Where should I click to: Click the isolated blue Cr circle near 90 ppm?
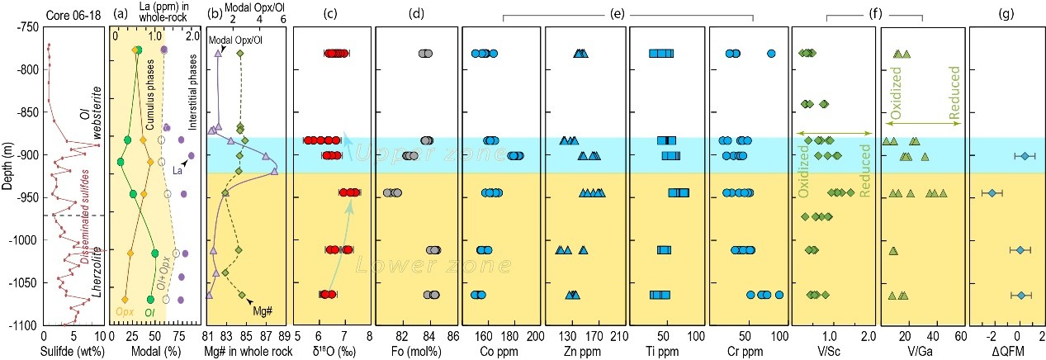click(x=771, y=54)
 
